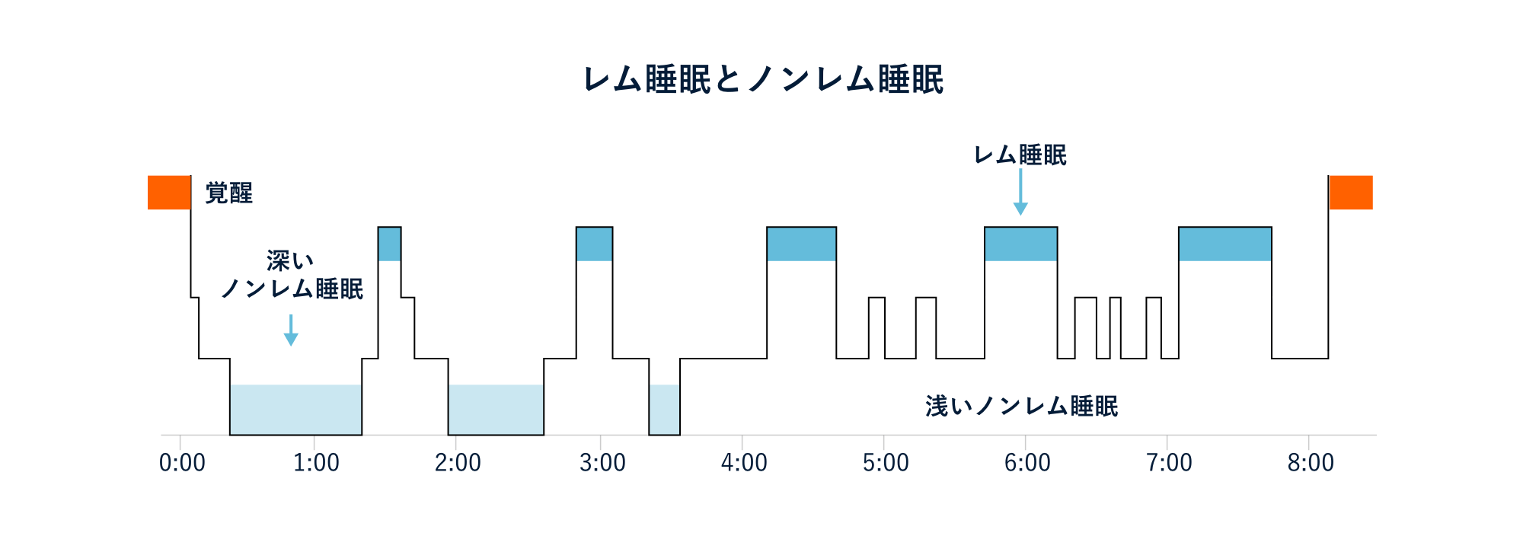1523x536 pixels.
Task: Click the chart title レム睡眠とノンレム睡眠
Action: [763, 79]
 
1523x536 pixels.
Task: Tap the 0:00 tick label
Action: [182, 462]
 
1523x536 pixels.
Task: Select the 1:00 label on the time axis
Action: [316, 462]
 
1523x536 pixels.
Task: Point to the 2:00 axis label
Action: [458, 462]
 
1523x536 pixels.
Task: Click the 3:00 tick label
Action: [602, 462]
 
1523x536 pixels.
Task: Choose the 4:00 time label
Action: [744, 462]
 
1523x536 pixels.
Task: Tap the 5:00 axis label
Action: [886, 462]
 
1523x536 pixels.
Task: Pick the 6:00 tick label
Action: [1027, 462]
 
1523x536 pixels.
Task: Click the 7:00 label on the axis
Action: [1169, 462]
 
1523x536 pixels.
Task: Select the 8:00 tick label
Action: [1311, 462]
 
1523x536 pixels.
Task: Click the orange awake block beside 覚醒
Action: [169, 193]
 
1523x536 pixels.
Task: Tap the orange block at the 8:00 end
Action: [1351, 193]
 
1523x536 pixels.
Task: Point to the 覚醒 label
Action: [229, 193]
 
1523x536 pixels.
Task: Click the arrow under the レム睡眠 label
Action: [1020, 192]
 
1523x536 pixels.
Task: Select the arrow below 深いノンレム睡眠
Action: [290, 330]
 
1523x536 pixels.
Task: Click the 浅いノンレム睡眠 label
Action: [1022, 406]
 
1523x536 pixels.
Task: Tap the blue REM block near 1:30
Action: [389, 244]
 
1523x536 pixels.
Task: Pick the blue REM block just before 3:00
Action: [594, 244]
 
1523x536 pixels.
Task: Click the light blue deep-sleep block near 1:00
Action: [295, 410]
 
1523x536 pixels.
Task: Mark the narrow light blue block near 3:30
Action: [664, 410]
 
